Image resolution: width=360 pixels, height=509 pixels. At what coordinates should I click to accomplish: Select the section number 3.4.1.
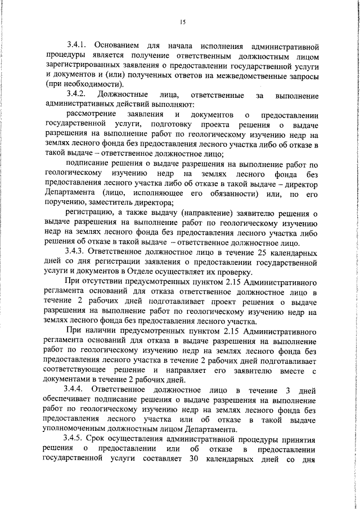click(77, 44)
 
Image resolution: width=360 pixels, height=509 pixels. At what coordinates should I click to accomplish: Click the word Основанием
click(116, 44)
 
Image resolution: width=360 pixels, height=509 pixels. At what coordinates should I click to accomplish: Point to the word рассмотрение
click(91, 114)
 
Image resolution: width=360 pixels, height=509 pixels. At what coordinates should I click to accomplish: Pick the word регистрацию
click(89, 213)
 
